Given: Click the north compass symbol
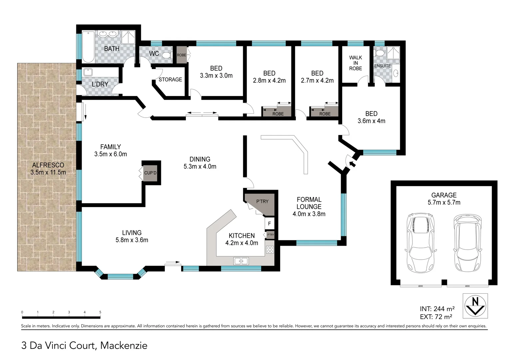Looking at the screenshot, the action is [x=475, y=306].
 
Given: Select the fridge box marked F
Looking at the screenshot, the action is [x=269, y=223].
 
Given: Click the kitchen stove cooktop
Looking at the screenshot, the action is [x=270, y=250].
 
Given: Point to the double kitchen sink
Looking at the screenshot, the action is [x=241, y=261].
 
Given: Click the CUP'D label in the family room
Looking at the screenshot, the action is [x=150, y=173].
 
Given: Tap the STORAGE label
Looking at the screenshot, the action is [x=170, y=80].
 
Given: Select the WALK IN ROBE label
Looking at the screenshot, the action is [x=355, y=63].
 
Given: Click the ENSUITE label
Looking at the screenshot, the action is [x=382, y=66].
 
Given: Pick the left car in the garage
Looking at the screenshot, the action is [x=420, y=243].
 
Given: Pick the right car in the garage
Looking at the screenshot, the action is [x=467, y=243].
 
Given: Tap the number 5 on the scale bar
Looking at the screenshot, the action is [x=100, y=312].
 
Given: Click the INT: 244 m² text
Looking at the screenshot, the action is [x=437, y=309].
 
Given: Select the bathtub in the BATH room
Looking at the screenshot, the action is [x=88, y=47].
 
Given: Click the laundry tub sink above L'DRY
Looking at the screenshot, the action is [x=88, y=72].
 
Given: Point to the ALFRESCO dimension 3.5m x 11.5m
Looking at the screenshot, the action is [x=48, y=172].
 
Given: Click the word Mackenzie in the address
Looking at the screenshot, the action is [x=124, y=346].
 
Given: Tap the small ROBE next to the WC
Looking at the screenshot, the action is [x=182, y=55].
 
